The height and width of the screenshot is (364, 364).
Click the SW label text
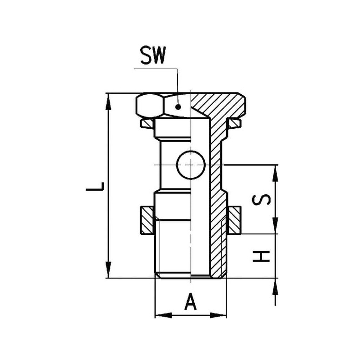click(x=153, y=56)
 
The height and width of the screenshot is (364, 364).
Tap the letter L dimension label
click(x=95, y=187)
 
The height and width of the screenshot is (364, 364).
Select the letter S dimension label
click(x=261, y=200)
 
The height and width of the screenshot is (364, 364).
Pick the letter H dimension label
click(x=261, y=256)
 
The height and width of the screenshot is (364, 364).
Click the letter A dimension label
click(x=190, y=301)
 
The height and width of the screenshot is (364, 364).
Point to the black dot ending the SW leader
click(x=178, y=107)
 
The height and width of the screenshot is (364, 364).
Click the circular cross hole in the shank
click(x=191, y=165)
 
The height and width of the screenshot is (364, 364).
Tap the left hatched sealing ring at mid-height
click(x=147, y=220)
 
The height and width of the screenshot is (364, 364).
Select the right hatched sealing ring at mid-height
click(x=234, y=220)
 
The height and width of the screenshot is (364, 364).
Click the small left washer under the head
click(x=146, y=123)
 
